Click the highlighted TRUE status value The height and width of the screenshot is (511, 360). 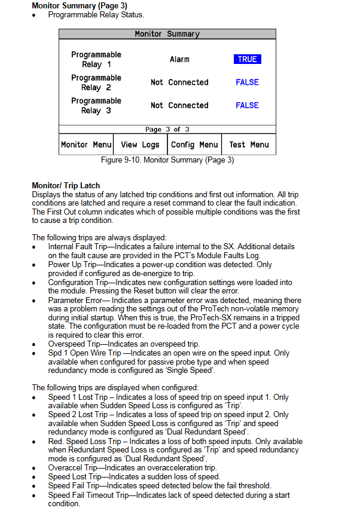click(247, 59)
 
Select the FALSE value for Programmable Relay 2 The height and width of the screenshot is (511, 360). click(247, 82)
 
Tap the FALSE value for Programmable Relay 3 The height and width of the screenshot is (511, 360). click(247, 105)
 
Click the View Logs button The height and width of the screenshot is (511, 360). click(140, 145)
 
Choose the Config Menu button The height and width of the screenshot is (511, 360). click(194, 145)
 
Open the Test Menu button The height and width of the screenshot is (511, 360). click(249, 145)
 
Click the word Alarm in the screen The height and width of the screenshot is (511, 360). click(179, 59)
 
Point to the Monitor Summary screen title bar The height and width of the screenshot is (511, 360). click(167, 34)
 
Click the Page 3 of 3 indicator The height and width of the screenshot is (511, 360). click(167, 129)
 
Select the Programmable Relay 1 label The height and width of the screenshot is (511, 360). click(96, 59)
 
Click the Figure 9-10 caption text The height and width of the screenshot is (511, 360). click(167, 160)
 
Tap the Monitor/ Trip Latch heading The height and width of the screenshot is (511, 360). click(66, 186)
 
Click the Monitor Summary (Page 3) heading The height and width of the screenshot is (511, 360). click(79, 6)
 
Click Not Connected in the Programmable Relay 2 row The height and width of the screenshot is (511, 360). click(179, 82)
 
